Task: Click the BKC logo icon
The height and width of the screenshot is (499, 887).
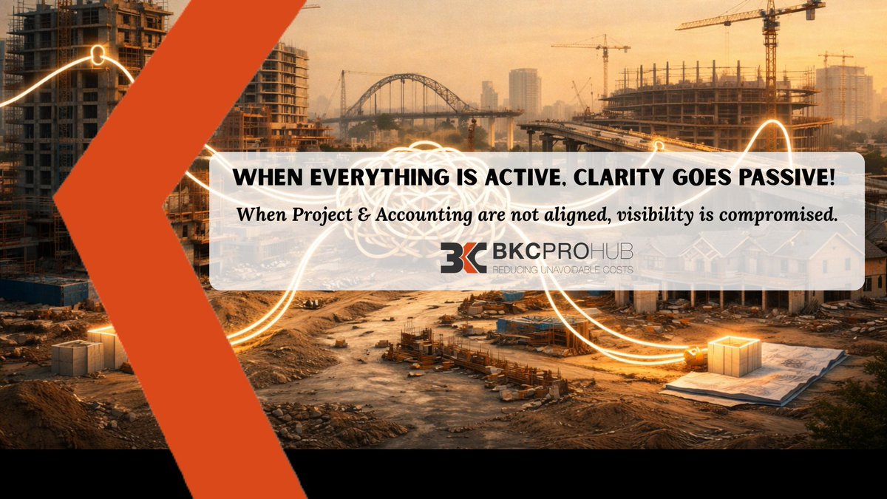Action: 463,257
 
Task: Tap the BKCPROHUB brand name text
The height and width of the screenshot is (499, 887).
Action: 562,252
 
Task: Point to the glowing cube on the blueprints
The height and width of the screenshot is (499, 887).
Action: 734,356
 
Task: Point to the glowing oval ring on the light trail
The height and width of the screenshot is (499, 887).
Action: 97,55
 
